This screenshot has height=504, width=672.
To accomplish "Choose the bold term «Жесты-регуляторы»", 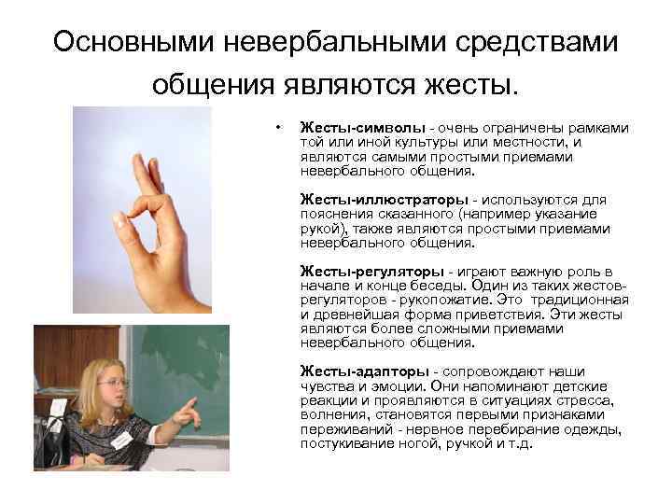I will (x=371, y=272).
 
